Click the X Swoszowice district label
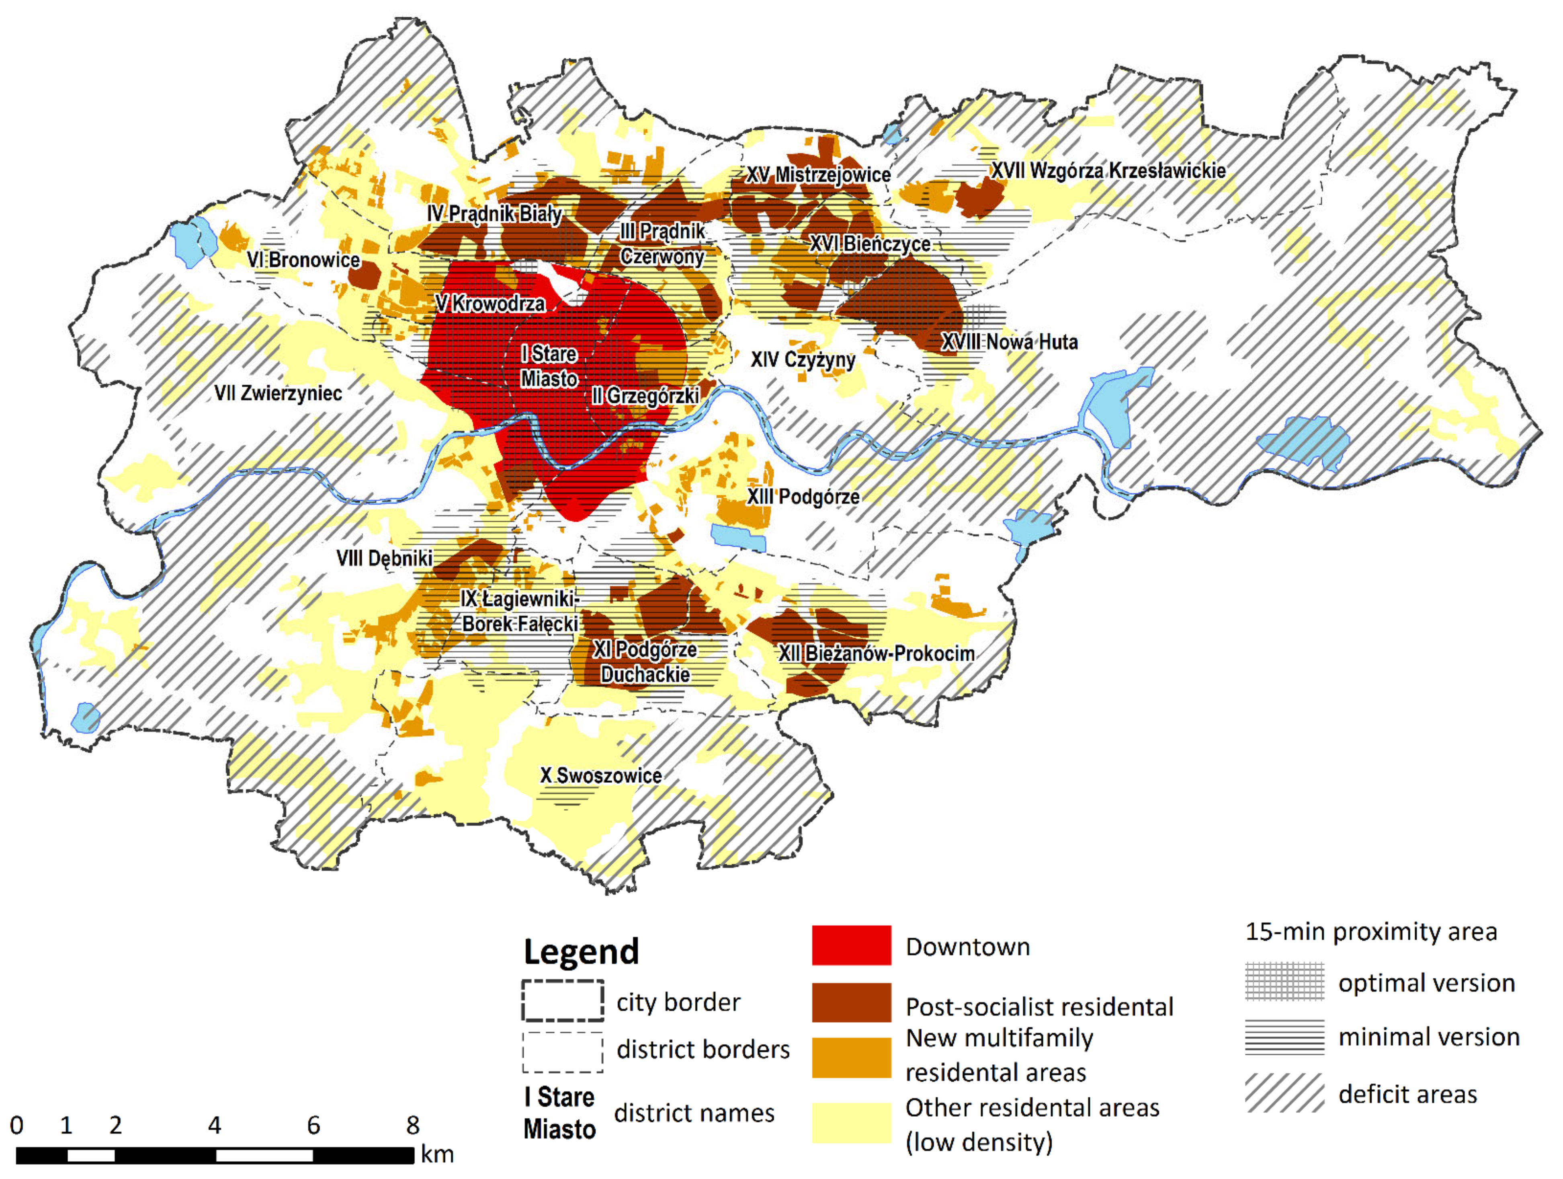coord(600,775)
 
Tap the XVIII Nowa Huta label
coord(1009,342)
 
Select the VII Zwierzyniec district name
coord(279,393)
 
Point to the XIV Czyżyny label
coord(803,360)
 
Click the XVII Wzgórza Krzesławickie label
coord(1108,170)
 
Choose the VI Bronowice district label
coord(303,259)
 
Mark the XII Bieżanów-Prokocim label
coord(876,653)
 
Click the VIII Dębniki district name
coord(384,559)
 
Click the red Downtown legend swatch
coord(851,945)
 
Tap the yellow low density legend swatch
coord(851,1122)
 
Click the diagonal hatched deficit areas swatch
coord(1284,1093)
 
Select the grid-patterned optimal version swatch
coord(1284,981)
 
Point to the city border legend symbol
coord(562,1000)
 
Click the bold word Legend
coord(581,951)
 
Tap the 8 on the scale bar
coord(413,1125)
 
